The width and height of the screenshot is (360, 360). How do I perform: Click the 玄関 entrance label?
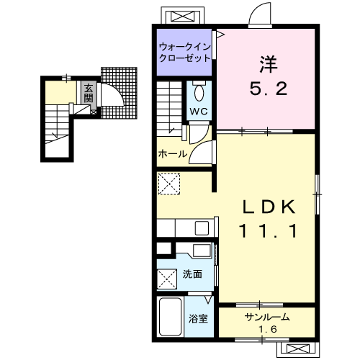(89, 93)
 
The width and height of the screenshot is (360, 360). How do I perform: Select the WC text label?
(199, 111)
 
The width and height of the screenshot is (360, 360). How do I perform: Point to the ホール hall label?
(173, 153)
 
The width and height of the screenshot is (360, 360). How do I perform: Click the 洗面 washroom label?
(192, 274)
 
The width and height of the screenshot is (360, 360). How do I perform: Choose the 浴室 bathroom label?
(198, 318)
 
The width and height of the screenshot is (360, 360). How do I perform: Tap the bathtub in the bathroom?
(170, 317)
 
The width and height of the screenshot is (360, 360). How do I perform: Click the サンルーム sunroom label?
(267, 318)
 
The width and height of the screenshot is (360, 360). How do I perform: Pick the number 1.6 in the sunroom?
(268, 329)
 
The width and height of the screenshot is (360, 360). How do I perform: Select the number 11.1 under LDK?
(269, 231)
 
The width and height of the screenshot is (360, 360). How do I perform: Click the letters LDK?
(269, 207)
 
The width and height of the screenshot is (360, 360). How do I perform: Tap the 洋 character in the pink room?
(269, 64)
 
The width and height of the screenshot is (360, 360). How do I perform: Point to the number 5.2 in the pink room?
(269, 89)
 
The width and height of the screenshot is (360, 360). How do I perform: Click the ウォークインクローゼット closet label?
(185, 53)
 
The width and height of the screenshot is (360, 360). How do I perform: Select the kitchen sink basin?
(202, 228)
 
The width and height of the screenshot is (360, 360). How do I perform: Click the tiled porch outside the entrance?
(119, 93)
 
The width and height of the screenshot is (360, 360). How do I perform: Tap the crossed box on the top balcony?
(182, 17)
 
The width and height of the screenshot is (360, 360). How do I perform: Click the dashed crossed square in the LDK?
(169, 184)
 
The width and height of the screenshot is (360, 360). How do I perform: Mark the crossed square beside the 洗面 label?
(167, 279)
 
